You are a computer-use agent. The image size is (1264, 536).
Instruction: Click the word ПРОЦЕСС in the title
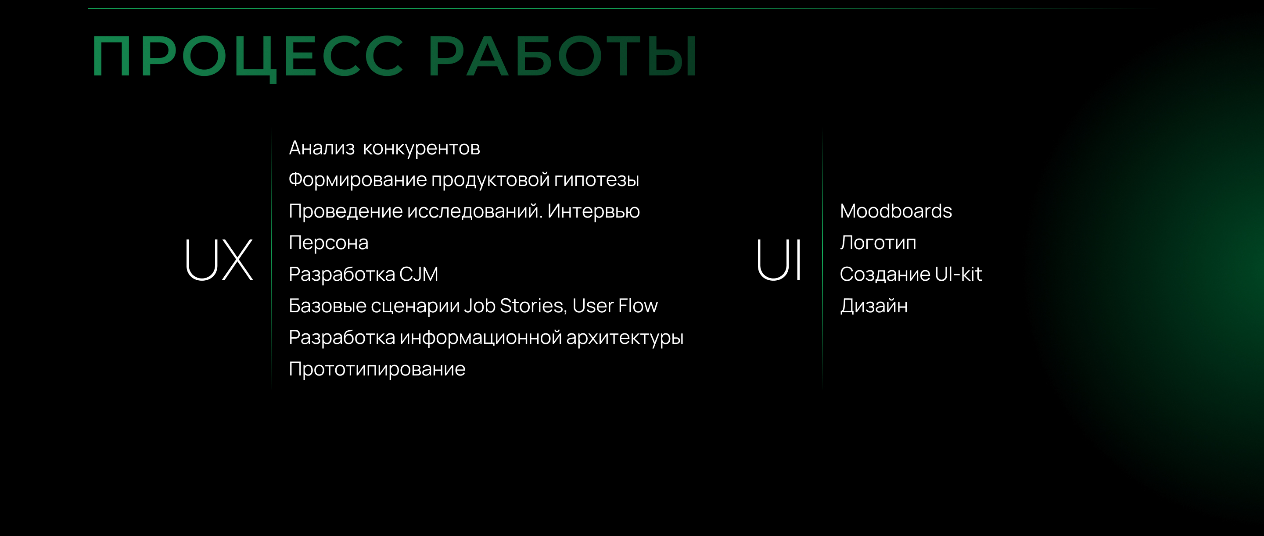pos(248,57)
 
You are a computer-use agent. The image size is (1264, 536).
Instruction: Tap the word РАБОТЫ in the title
pos(563,57)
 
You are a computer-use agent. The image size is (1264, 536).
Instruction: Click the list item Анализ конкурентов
pos(384,148)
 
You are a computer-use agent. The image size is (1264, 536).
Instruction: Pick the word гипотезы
pos(597,180)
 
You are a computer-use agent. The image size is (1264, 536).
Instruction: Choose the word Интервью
pos(593,211)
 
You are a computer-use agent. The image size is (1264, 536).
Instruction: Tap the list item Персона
pos(328,243)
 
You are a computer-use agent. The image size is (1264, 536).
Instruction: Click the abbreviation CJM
pos(419,274)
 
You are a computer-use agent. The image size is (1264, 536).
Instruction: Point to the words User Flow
pos(615,306)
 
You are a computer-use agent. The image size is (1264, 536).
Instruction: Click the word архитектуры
pos(625,338)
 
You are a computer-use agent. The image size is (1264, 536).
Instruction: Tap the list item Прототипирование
pos(377,369)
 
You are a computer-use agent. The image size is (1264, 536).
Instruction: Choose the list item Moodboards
pos(895,211)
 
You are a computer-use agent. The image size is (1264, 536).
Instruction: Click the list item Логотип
pos(878,243)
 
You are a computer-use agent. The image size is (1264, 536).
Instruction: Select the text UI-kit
pos(958,274)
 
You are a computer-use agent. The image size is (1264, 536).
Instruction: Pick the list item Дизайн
pos(873,306)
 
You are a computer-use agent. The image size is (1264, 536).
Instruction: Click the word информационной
pos(481,338)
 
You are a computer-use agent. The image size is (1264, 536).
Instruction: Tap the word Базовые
pos(327,306)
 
